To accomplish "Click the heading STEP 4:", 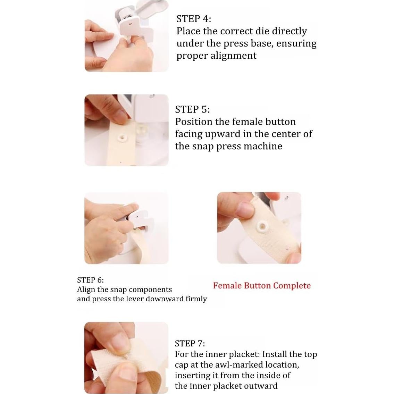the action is [x=194, y=19].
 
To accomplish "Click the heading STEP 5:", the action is [x=192, y=109].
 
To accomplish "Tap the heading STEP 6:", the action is [x=91, y=280].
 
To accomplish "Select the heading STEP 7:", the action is [x=190, y=344].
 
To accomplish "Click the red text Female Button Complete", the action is [x=262, y=286].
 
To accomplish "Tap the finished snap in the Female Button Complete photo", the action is [x=262, y=227].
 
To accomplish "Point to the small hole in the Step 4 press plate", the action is [x=130, y=24].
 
